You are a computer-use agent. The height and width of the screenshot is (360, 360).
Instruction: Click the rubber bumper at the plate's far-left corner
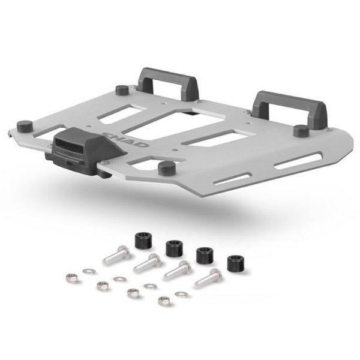pos(25,127)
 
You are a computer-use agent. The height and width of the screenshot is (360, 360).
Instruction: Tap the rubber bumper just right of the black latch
pos(167,167)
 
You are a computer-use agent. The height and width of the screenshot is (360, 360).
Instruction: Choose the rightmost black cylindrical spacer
pos(235,263)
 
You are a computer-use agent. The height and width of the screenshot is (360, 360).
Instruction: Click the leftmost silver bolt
pos(116,255)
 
